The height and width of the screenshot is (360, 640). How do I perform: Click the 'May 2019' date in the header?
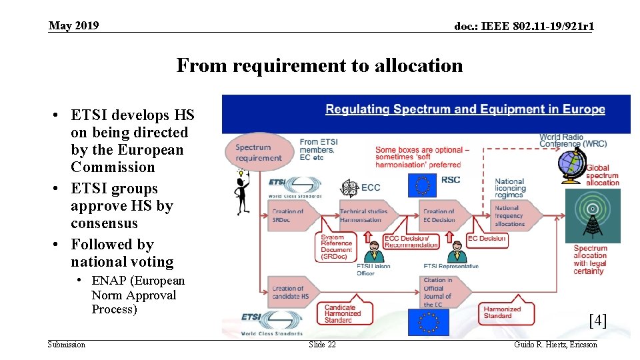click(x=73, y=25)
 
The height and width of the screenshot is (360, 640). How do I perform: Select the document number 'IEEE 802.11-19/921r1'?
click(x=524, y=27)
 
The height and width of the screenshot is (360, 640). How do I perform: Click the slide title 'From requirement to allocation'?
click(x=319, y=65)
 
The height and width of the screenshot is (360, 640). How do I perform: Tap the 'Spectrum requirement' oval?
click(x=259, y=153)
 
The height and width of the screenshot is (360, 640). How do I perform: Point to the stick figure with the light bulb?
click(x=241, y=192)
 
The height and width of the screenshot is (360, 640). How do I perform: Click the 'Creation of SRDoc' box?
click(x=288, y=215)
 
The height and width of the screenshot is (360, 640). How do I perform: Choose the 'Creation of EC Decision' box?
click(x=441, y=215)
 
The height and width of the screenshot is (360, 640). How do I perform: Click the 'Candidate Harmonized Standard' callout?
click(x=343, y=313)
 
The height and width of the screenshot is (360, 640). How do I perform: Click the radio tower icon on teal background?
click(x=592, y=215)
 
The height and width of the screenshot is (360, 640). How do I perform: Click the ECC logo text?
click(x=370, y=188)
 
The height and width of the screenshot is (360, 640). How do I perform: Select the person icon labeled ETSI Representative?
click(x=456, y=254)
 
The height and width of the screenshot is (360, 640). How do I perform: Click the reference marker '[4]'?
click(x=597, y=321)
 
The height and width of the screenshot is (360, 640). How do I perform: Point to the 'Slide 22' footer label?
click(x=322, y=345)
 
